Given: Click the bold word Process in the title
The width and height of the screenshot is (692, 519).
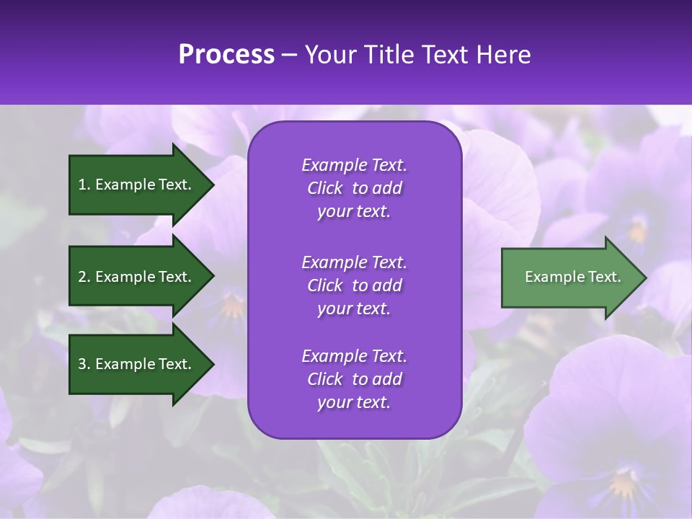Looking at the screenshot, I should pyautogui.click(x=226, y=55).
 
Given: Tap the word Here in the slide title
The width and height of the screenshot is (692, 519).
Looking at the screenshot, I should pyautogui.click(x=503, y=55).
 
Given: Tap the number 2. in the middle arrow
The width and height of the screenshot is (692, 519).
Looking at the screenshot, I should pyautogui.click(x=84, y=277).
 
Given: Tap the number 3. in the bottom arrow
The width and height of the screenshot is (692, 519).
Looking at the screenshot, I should pyautogui.click(x=84, y=364).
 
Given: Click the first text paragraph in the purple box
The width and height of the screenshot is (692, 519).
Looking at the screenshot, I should pyautogui.click(x=354, y=188).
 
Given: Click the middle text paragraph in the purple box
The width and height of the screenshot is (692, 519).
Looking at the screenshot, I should pyautogui.click(x=354, y=285).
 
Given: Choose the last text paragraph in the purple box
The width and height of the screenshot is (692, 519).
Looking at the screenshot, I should pyautogui.click(x=354, y=379).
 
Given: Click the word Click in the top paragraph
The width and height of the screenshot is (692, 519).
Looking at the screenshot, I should pyautogui.click(x=325, y=188).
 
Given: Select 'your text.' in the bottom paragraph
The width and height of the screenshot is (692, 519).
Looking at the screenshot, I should pyautogui.click(x=354, y=402).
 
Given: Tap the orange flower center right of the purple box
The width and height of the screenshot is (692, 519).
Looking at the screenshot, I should pyautogui.click(x=637, y=231).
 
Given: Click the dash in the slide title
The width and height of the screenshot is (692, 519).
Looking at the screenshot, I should pyautogui.click(x=290, y=55).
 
